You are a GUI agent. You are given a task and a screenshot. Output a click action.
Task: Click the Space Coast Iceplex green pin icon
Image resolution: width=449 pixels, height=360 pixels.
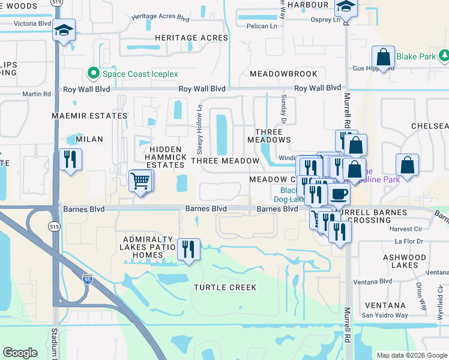[93, 74]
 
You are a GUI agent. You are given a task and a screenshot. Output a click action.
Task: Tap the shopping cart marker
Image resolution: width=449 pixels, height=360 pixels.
[140, 180]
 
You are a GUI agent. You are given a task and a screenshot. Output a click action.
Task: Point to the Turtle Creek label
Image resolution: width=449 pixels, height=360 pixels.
[225, 287]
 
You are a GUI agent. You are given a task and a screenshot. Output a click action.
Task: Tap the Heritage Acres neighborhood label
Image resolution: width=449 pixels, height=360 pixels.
[191, 38]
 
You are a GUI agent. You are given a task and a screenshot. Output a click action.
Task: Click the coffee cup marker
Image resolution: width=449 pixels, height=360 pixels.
[339, 194]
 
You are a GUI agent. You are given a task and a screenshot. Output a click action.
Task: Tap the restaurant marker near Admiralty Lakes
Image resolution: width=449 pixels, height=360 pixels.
[189, 249]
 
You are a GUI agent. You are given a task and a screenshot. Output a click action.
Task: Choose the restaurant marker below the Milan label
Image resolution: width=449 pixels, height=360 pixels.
[70, 160]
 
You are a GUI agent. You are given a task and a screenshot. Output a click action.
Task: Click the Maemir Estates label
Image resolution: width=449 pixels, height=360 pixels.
[89, 116]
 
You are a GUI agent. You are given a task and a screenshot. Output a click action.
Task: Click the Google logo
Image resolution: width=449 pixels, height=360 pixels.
[20, 353]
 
